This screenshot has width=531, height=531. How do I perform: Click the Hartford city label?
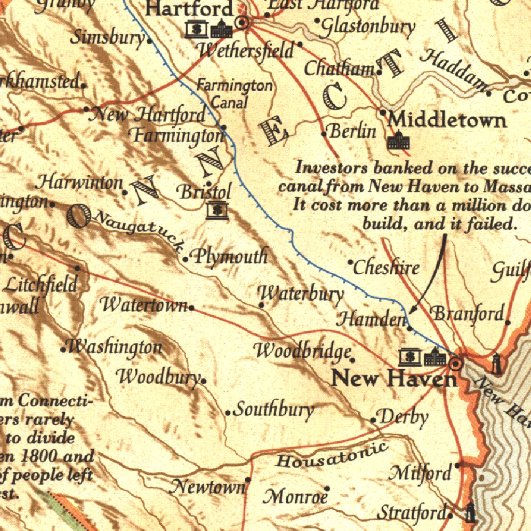pos(189,8)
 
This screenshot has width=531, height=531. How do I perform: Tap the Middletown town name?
pos(447,120)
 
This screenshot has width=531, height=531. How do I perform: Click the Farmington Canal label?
pos(234,94)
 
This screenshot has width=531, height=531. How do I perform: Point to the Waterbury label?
pos(301,294)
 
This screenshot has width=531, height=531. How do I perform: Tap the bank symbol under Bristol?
pos(217,211)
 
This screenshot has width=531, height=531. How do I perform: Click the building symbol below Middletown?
pos(399,141)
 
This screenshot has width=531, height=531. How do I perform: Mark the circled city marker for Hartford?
pos(242,22)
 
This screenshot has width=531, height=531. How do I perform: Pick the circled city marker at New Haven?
pos(456,364)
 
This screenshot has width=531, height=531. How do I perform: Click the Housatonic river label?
pos(332,455)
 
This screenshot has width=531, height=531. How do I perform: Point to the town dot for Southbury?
pos(228,413)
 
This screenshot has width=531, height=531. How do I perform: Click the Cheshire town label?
pos(386,268)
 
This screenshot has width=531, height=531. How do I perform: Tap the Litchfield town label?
pos(40,284)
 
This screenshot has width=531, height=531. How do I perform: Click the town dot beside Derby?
pos(373,420)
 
